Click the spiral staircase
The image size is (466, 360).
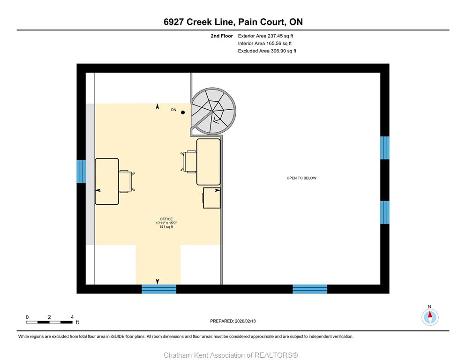(x=214, y=112)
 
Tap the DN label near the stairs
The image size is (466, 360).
(x=173, y=110)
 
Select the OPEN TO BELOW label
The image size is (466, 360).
(x=301, y=178)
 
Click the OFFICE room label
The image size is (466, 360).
(x=166, y=219)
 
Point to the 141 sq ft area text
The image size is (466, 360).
(x=166, y=227)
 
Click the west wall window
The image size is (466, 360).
(x=81, y=172)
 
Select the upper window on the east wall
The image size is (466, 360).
(x=384, y=148)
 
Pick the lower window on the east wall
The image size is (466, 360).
(x=384, y=212)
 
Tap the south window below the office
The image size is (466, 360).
(x=159, y=289)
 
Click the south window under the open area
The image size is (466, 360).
(x=310, y=289)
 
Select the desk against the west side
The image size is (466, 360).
(x=107, y=181)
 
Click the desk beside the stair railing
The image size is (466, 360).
(x=208, y=162)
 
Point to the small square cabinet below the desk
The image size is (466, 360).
(x=211, y=198)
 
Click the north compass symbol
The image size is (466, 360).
(x=430, y=317)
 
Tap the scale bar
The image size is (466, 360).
(x=49, y=322)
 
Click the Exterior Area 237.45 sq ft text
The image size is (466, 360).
(x=265, y=36)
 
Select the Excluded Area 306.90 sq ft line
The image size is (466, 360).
(x=267, y=51)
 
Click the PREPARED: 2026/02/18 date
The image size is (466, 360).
(x=233, y=321)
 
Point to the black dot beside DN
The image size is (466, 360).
(x=183, y=112)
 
